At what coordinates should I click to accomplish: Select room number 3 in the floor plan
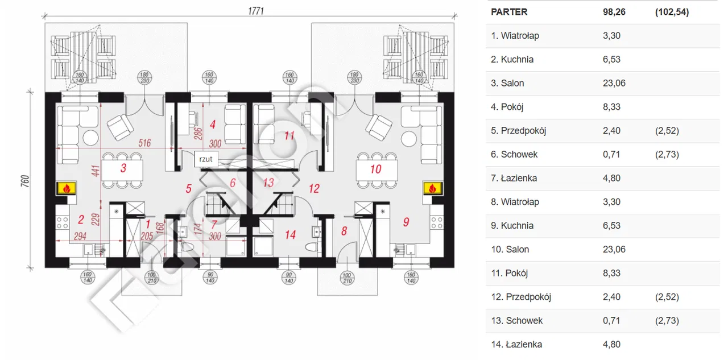coord(123,168)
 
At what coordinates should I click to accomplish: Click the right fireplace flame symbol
coord(433,188)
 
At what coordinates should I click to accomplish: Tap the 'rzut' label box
coord(206,159)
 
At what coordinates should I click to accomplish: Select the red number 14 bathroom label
coord(291,234)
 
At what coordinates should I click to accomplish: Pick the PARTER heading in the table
coord(509,12)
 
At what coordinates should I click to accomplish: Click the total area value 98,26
coord(614,12)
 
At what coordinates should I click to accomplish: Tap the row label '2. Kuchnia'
coord(512,59)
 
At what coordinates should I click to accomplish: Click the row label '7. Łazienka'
coord(514,178)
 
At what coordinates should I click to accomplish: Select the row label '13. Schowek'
coord(516,320)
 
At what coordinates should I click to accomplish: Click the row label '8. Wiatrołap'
coord(515,202)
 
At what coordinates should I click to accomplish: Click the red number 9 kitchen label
coord(406,222)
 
